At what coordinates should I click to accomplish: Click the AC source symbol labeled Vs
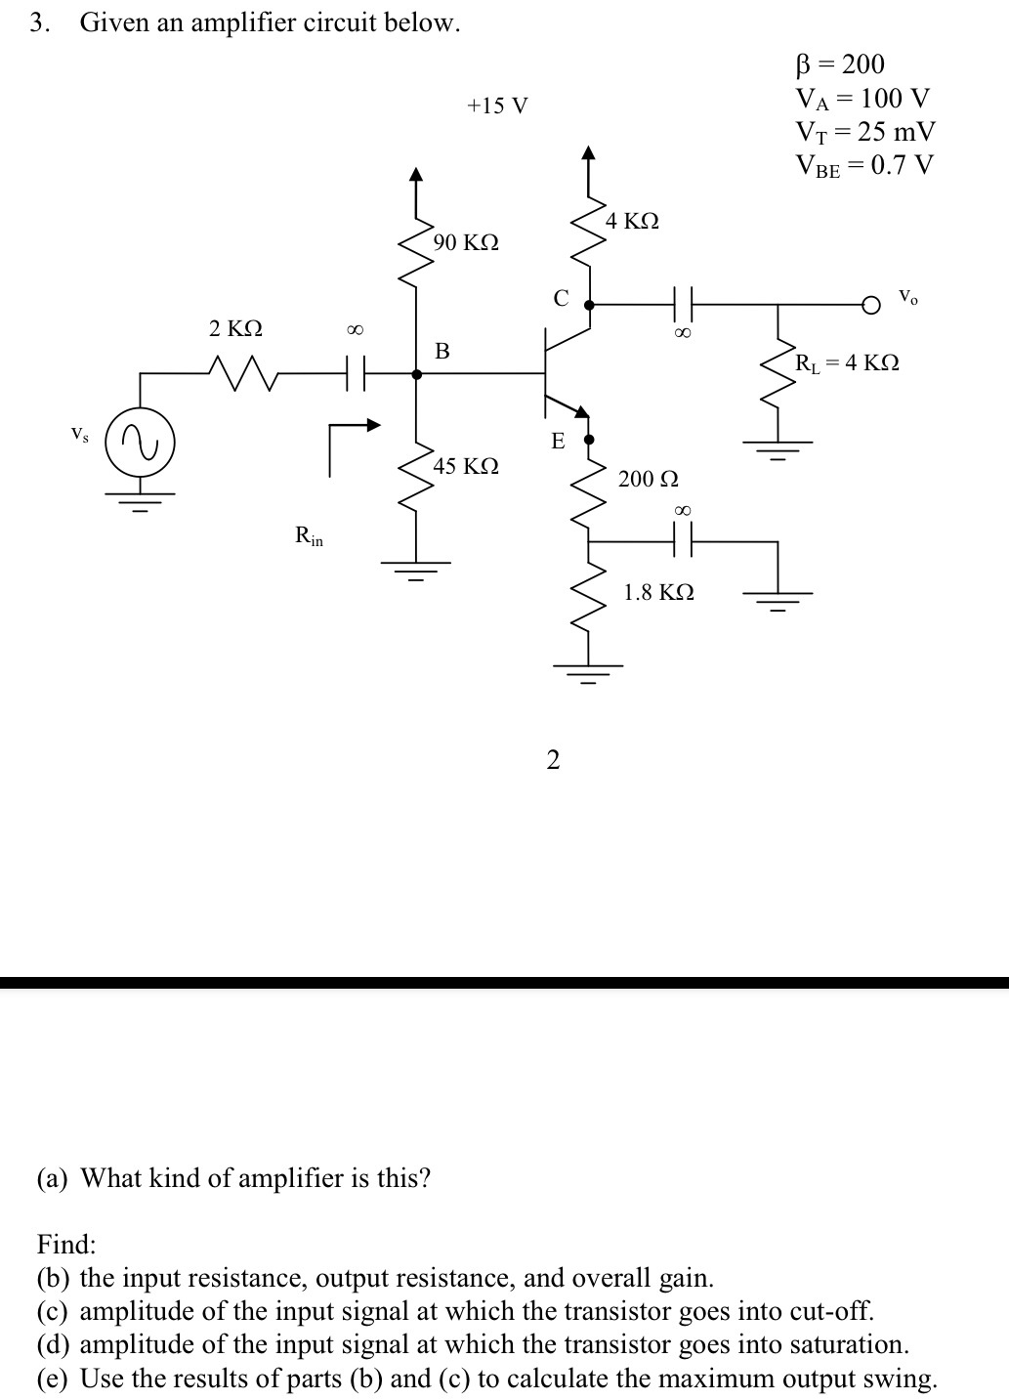pyautogui.click(x=140, y=446)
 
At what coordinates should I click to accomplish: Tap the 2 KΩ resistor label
pyautogui.click(x=235, y=328)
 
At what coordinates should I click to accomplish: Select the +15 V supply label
pyautogui.click(x=497, y=106)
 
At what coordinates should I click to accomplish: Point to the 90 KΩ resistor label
pyautogui.click(x=466, y=242)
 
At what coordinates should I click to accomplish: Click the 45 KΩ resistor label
pyautogui.click(x=466, y=466)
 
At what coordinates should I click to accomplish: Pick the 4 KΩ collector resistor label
pyautogui.click(x=631, y=221)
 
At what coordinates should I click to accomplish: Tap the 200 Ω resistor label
pyautogui.click(x=648, y=479)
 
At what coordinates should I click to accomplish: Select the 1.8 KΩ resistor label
pyautogui.click(x=658, y=592)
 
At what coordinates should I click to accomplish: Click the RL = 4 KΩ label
pyautogui.click(x=846, y=363)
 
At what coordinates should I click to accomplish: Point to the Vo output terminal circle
pyautogui.click(x=870, y=305)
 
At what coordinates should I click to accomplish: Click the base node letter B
pyautogui.click(x=441, y=351)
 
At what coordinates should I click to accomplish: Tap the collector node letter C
pyautogui.click(x=561, y=298)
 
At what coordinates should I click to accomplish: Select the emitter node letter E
pyautogui.click(x=558, y=442)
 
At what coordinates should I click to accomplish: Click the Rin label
pyautogui.click(x=309, y=535)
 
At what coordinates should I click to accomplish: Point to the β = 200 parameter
pyautogui.click(x=840, y=64)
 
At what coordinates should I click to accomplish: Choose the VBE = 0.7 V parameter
pyautogui.click(x=864, y=164)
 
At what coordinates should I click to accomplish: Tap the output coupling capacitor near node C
pyautogui.click(x=682, y=305)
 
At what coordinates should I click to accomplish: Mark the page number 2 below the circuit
pyautogui.click(x=553, y=759)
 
